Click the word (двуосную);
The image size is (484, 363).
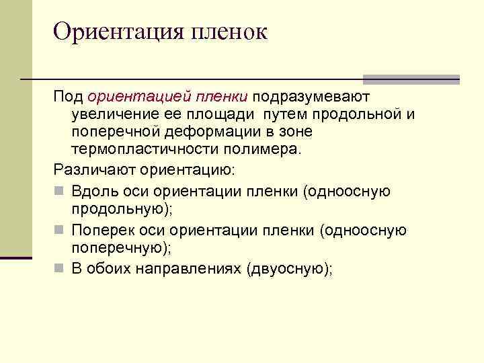pos(290,270)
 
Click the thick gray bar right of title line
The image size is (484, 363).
pos(411,79)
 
